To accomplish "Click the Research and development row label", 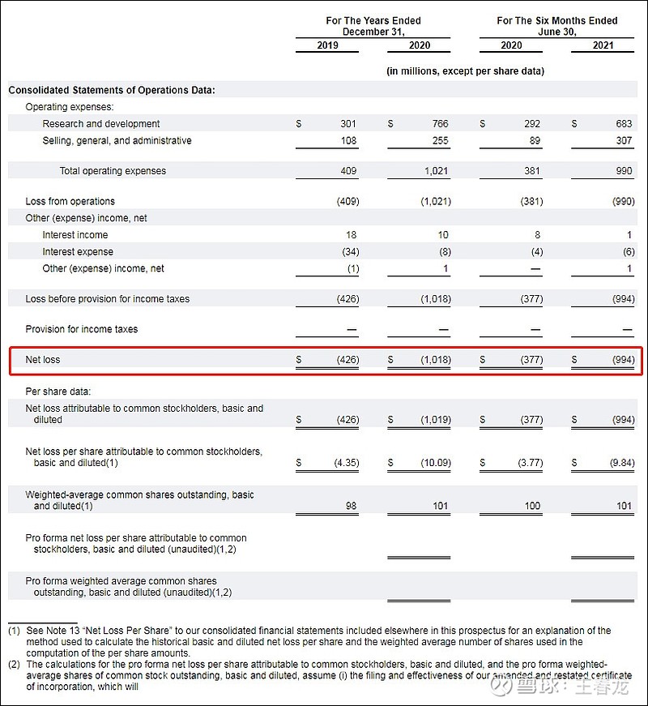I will (x=101, y=124).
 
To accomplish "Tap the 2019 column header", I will (x=327, y=45).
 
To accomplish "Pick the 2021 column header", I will (x=603, y=45).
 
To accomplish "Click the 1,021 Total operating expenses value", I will (x=437, y=171).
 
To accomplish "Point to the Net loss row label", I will (x=43, y=359).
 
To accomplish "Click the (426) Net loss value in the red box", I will (x=347, y=359).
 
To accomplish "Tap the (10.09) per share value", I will (x=434, y=463).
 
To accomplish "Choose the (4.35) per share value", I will (x=346, y=463).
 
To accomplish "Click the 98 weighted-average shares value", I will (x=350, y=506).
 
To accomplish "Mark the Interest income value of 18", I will (x=350, y=235).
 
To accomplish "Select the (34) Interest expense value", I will (x=349, y=251).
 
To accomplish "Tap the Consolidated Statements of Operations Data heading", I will (x=112, y=90).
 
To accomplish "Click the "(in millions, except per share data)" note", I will (x=465, y=71).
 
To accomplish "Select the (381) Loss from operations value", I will (x=531, y=201).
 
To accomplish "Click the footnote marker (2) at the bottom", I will (x=14, y=664).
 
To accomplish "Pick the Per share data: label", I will (x=58, y=392).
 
